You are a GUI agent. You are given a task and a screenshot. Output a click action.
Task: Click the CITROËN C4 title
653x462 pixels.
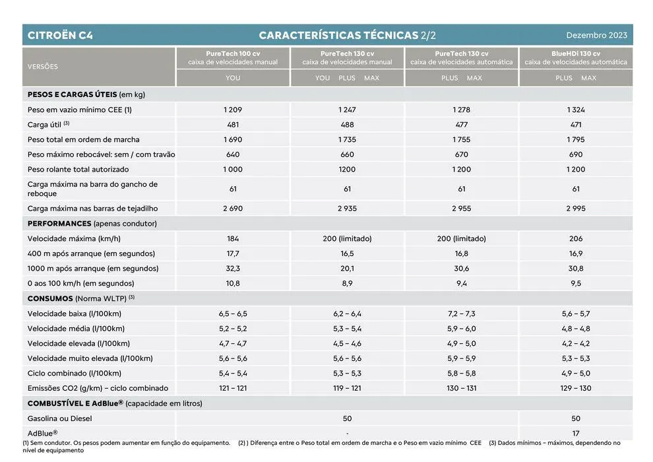[x=60, y=35]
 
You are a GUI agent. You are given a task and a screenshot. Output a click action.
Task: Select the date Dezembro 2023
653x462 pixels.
[x=596, y=35]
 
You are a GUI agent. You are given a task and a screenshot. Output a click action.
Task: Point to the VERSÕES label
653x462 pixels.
[x=43, y=67]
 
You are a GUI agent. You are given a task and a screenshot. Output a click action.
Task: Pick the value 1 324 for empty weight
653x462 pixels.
[x=576, y=110]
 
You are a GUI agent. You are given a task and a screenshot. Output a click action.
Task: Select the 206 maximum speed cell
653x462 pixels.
[x=576, y=238]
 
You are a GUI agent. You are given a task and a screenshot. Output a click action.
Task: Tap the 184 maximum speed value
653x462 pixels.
[x=233, y=238]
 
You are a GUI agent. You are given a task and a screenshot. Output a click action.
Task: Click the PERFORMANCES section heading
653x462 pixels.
[x=59, y=224]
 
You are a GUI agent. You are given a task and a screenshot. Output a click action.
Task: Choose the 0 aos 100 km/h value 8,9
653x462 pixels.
[x=347, y=283]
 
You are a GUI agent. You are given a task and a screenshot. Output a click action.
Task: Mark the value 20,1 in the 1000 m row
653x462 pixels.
[x=347, y=269]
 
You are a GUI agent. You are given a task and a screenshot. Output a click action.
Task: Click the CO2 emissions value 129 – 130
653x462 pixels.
[x=576, y=388]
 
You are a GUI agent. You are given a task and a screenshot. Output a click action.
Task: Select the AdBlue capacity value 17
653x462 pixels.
[x=576, y=433]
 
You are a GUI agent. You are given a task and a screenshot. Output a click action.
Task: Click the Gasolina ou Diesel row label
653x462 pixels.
[x=60, y=418]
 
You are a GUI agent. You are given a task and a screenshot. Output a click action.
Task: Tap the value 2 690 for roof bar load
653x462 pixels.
[x=233, y=209]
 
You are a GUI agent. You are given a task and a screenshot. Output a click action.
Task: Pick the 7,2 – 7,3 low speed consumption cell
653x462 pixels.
[x=462, y=313]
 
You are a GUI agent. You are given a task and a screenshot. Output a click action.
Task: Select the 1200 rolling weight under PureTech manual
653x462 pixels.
[x=347, y=169]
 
